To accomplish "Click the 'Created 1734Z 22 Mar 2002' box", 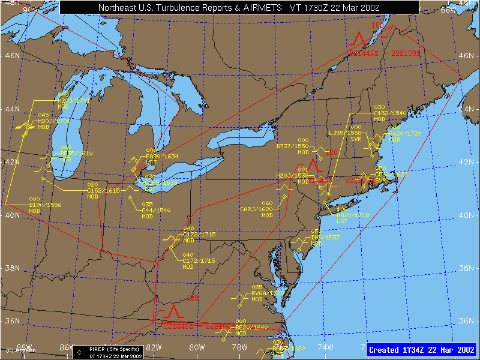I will coord(422,349).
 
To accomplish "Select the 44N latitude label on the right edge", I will coord(467,109).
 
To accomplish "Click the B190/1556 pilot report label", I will coord(45,205).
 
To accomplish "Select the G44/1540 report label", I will coord(157,210).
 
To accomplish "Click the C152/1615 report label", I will coord(103,190).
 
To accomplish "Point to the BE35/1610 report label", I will coord(76,153).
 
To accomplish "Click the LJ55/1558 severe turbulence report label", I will coord(345,133).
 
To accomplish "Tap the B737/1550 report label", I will coord(292,146).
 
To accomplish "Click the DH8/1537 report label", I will coord(325,237).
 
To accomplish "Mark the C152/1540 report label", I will coord(390,113).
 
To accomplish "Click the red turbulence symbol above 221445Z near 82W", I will coord(173,311).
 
